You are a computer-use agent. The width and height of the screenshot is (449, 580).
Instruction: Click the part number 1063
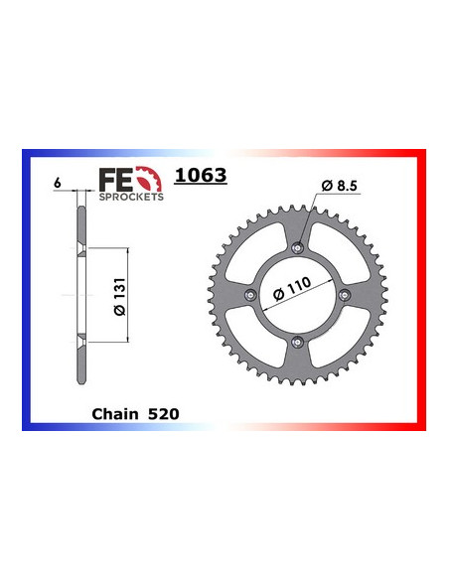201,177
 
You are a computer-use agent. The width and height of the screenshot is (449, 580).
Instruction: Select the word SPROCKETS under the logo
132,196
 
